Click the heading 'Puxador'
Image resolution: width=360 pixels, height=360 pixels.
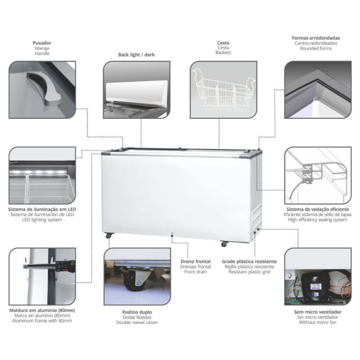click(42, 43)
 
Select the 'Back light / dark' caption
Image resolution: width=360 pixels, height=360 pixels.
click(136, 54)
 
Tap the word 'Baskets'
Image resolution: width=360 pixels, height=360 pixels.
click(223, 53)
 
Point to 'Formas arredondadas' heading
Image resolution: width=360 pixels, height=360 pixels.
click(316, 38)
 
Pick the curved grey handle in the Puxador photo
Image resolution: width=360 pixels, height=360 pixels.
click(45, 88)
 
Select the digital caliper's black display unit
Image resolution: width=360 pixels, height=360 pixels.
click(65, 266)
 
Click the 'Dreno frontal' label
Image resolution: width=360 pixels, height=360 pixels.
click(195, 261)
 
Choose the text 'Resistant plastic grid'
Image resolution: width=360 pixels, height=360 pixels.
click(249, 272)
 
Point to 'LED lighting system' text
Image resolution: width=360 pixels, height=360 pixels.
click(42, 220)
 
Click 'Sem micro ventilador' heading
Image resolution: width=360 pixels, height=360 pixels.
click(318, 312)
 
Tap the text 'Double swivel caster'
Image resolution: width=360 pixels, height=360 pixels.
click(137, 322)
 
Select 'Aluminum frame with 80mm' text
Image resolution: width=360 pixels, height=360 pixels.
click(42, 321)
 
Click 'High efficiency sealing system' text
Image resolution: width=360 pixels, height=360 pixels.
click(318, 220)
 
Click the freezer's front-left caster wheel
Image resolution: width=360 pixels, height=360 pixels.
click(109, 235)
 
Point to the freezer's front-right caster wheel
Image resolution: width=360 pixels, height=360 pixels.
click(224, 244)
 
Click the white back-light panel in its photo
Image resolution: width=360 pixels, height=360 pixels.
click(137, 92)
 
